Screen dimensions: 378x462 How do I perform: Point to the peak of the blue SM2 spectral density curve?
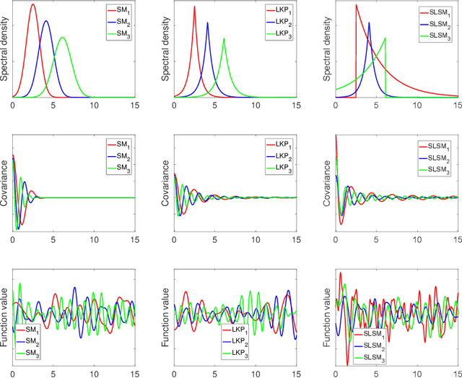pos(46,21)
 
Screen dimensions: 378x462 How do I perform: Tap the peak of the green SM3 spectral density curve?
pos(63,38)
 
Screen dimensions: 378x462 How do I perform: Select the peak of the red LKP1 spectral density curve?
pos(194,9)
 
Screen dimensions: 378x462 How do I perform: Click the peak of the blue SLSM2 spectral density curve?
pos(369,22)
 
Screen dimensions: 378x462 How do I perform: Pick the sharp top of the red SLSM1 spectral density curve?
pos(356,5)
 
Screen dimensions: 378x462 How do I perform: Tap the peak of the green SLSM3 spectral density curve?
pos(385,38)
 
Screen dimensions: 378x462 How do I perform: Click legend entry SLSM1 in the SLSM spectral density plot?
pos(436,14)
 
